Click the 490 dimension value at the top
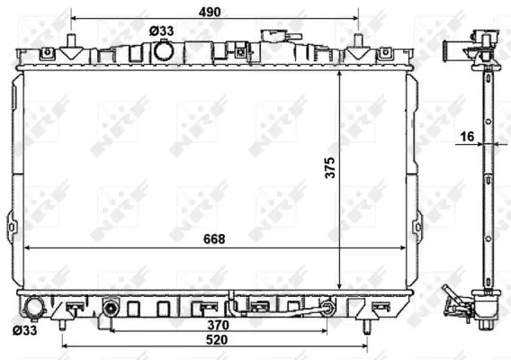click(212, 12)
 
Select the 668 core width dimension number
click(212, 238)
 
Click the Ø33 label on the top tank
click(162, 31)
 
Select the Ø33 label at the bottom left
click(25, 331)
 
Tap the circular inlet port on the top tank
click(164, 51)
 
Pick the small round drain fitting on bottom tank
click(111, 308)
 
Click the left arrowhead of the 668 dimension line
click(27, 247)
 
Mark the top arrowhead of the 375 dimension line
click(338, 76)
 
